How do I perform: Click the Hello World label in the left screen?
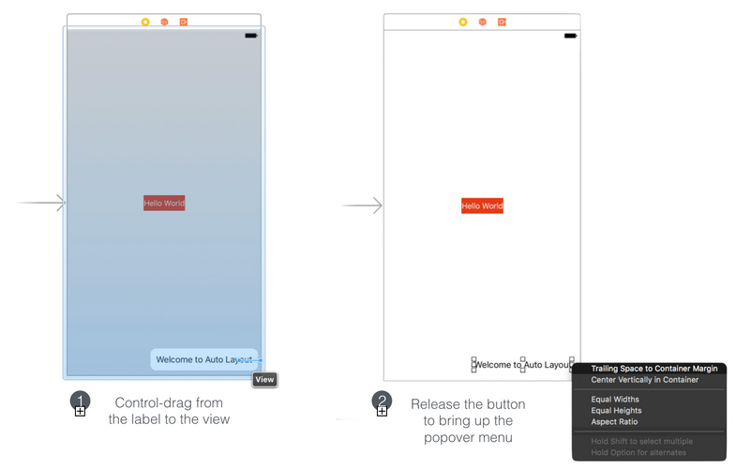[x=164, y=204]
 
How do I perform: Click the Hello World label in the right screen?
[x=482, y=205]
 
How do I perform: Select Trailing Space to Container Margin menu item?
[x=654, y=369]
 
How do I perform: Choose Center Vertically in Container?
[x=644, y=380]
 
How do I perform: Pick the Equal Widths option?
[x=615, y=399]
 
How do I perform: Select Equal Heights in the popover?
[x=616, y=410]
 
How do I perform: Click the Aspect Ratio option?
[x=614, y=421]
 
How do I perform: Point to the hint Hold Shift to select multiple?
[x=641, y=441]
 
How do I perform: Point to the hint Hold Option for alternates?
[x=638, y=452]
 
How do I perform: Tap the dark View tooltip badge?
[x=264, y=379]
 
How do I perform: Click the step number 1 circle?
[x=81, y=401]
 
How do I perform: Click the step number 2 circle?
[x=383, y=401]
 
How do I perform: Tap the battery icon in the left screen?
[x=251, y=36]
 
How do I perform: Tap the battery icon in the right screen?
[x=570, y=36]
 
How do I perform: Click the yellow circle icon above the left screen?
[x=145, y=23]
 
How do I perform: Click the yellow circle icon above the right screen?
[x=463, y=23]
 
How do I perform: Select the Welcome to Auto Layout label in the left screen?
[x=204, y=359]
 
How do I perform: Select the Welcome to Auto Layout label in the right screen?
[x=522, y=365]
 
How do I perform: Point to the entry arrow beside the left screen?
[x=41, y=203]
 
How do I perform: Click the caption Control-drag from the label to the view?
[x=169, y=411]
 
